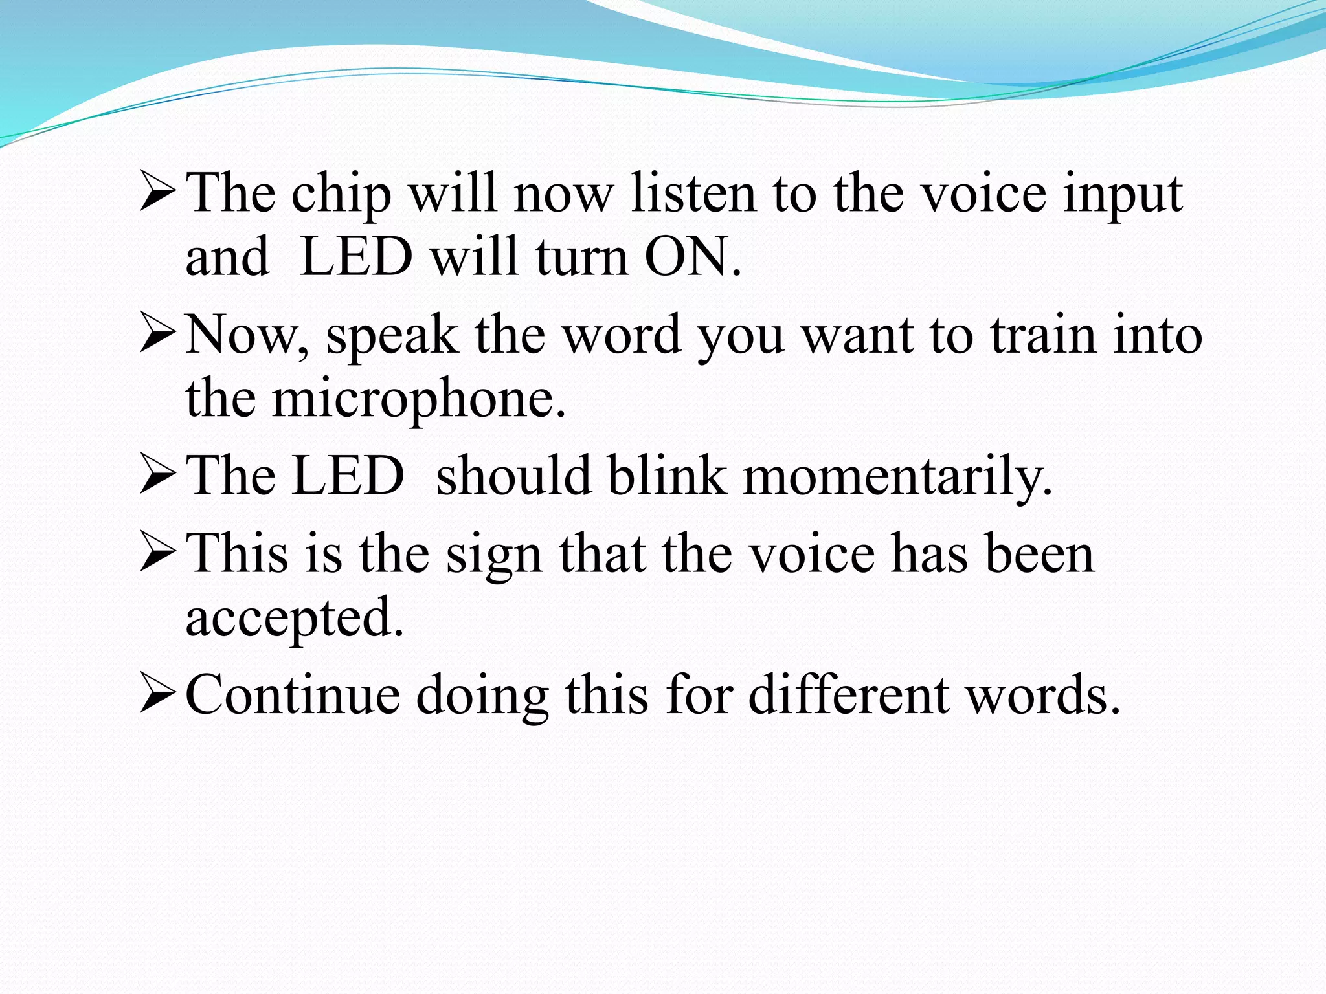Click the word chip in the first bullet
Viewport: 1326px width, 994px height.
point(341,194)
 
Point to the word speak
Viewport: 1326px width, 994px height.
point(392,336)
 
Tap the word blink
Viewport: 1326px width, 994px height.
point(666,476)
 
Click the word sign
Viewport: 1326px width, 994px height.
point(493,555)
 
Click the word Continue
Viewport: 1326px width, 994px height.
point(293,695)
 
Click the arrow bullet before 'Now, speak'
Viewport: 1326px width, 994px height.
point(157,336)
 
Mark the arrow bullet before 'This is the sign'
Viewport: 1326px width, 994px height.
point(157,554)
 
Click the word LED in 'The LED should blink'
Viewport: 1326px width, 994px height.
point(348,476)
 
